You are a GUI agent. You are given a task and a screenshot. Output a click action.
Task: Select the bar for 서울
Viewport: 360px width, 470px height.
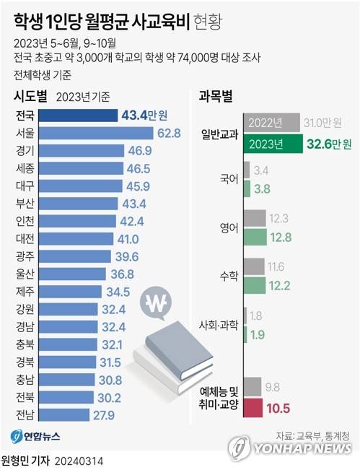coord(94,133)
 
